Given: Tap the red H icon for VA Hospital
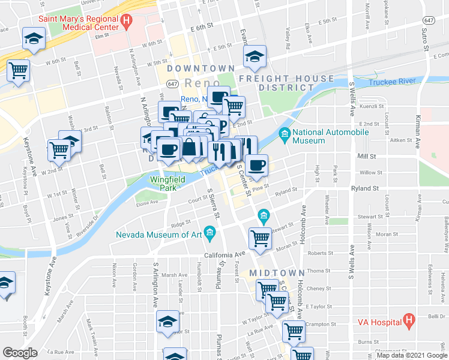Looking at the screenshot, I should (x=408, y=320).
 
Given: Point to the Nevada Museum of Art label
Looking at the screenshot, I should (x=158, y=235).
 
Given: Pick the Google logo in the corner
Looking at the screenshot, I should (x=20, y=353).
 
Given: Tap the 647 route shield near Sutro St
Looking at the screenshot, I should (x=428, y=19).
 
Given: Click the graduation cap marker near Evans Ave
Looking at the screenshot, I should (x=255, y=58).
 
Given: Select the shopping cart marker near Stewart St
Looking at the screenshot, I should (x=261, y=238).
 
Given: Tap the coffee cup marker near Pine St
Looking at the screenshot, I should (x=256, y=166).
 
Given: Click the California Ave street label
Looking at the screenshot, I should (x=225, y=254).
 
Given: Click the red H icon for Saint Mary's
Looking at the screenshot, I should (x=125, y=22).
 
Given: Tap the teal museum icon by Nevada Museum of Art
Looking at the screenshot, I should (x=209, y=232).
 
